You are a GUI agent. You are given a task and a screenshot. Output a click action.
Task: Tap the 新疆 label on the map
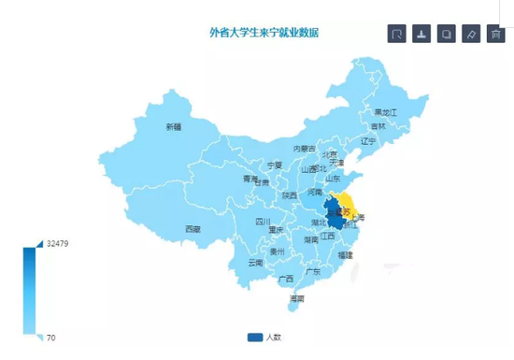(x=174, y=126)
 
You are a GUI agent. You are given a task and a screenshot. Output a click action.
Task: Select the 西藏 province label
(x=192, y=228)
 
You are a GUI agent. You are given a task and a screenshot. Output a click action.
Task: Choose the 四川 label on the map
(x=264, y=222)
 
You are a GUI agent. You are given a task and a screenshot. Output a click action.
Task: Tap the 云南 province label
(x=255, y=263)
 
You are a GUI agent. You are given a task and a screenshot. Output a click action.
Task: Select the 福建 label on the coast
(x=346, y=254)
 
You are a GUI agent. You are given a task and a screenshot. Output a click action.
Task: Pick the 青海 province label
(x=250, y=178)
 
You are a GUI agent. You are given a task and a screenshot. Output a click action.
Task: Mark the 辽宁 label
(x=367, y=140)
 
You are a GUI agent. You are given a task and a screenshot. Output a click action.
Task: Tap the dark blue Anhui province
(x=331, y=213)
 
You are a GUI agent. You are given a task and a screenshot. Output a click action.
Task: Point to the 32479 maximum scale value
(x=57, y=244)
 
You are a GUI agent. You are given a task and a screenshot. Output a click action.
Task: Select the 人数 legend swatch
(x=255, y=337)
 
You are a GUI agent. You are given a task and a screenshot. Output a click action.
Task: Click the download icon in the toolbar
(x=422, y=35)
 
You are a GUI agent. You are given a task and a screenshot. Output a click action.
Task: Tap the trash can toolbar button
(x=495, y=35)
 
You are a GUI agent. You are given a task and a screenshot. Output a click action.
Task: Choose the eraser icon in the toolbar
(x=471, y=35)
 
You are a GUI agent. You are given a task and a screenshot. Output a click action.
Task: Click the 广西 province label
(x=286, y=279)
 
